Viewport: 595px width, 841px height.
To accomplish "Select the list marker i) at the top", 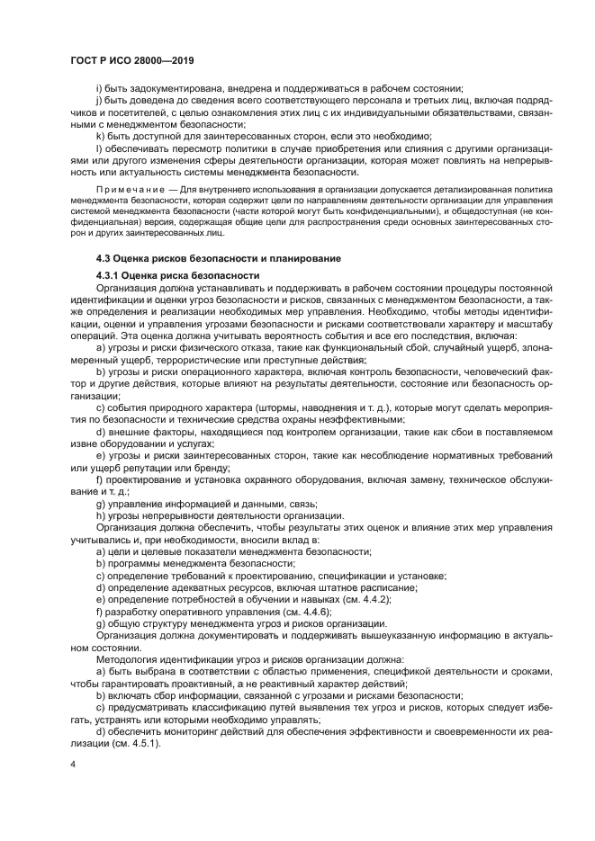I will coord(99,88).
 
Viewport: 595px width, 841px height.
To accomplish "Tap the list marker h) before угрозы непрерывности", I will coord(101,514).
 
